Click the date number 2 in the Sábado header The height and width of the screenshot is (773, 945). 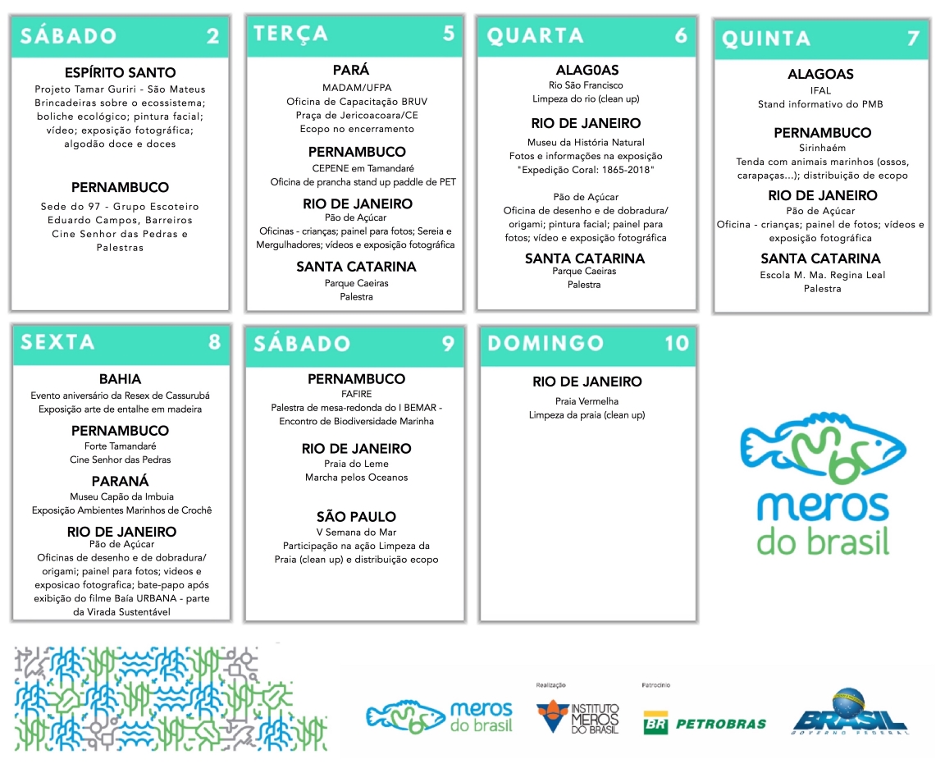[212, 36]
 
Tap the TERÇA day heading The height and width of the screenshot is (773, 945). [290, 34]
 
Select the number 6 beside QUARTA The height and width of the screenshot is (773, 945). [681, 35]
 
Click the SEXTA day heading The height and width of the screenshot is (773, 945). [57, 341]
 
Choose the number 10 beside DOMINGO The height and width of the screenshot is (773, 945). [677, 343]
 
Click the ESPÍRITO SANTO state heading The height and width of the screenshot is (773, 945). [120, 73]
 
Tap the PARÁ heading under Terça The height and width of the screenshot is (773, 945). [351, 71]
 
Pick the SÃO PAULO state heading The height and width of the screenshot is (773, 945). [356, 517]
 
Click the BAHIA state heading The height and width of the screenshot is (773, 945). [120, 379]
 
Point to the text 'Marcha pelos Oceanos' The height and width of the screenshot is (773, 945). [356, 478]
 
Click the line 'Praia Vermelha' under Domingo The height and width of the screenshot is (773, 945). [587, 401]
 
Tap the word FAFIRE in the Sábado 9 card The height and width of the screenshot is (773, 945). [356, 394]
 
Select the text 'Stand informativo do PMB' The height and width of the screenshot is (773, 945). [820, 104]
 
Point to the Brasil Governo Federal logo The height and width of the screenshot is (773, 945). [849, 712]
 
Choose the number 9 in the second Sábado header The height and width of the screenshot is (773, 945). [448, 343]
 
